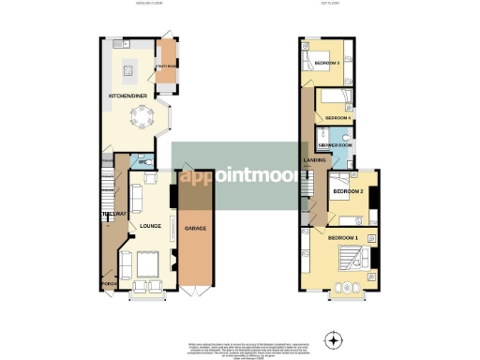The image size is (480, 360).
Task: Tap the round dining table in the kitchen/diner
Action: click(141, 119)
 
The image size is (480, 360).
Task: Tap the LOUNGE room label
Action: click(151, 226)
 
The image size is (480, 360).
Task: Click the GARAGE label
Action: click(195, 228)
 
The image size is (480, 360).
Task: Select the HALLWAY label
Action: click(113, 215)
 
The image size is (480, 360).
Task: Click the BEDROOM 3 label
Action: click(326, 63)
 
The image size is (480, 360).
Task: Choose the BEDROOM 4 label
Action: click(337, 118)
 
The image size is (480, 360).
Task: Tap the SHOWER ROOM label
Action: click(334, 146)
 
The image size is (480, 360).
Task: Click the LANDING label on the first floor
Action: click(314, 160)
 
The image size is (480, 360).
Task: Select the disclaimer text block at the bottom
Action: click(240, 347)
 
